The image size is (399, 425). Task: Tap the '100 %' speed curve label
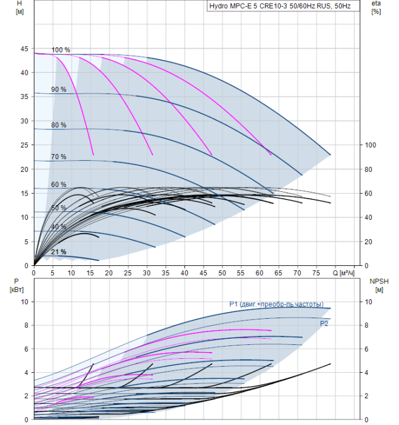tap(61, 50)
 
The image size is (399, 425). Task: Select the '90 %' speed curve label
tap(59, 89)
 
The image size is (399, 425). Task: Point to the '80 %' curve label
tap(59, 125)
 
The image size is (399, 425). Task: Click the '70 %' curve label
tap(59, 157)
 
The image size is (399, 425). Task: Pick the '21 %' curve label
tap(59, 252)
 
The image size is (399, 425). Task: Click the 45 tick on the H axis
tap(25, 49)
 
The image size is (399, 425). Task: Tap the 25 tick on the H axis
tap(25, 145)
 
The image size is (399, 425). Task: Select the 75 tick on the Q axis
tap(317, 274)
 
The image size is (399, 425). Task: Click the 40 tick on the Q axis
tap(184, 274)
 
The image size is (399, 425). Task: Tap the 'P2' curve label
tap(324, 324)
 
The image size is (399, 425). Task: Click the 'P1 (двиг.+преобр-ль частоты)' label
tap(276, 304)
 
